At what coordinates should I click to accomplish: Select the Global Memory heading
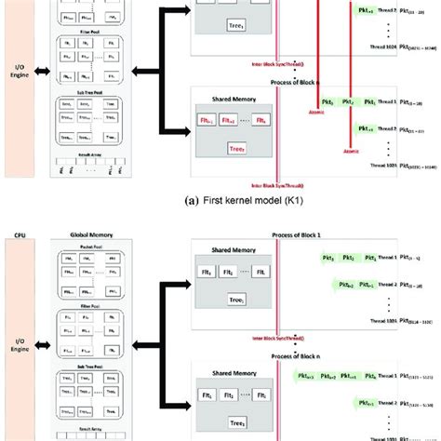click(x=90, y=236)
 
